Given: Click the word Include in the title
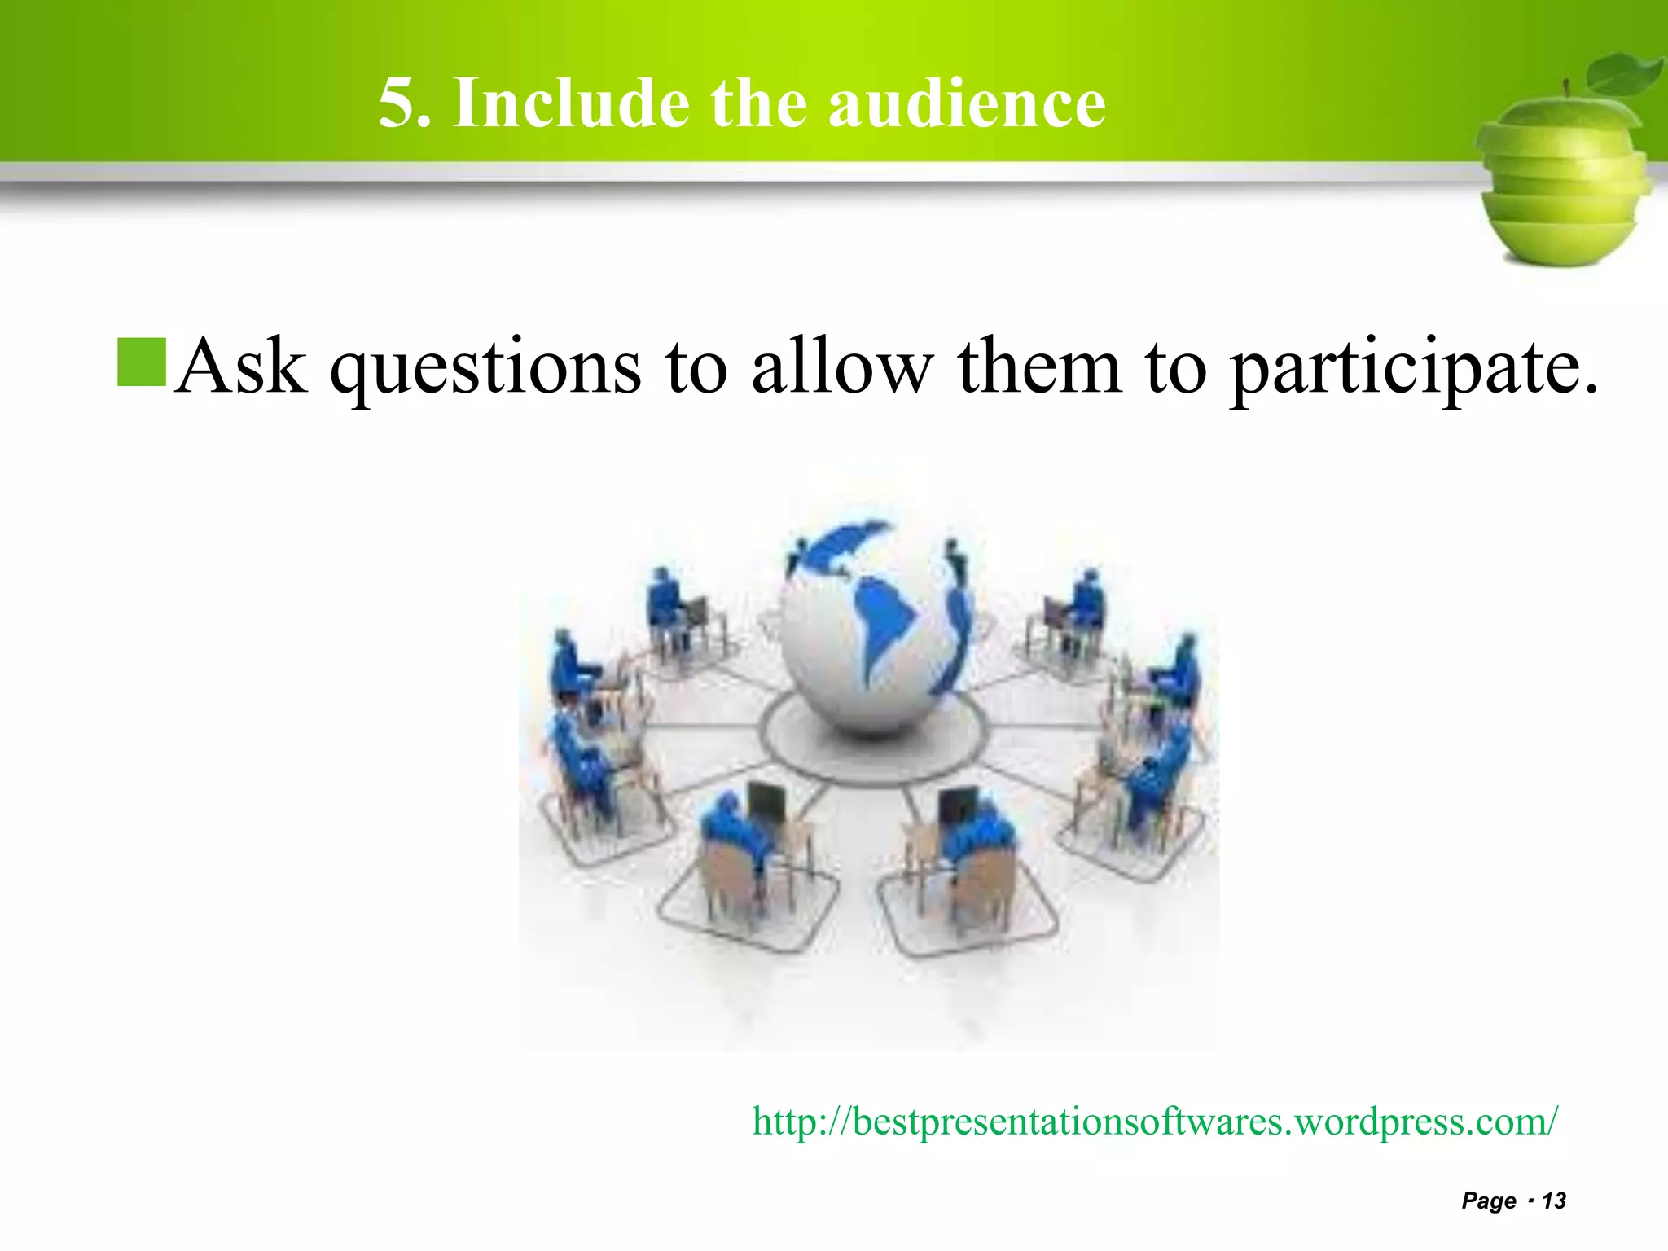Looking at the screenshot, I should click(571, 103).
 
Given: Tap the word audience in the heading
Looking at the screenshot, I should click(967, 103).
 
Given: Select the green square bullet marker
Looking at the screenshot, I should click(142, 362).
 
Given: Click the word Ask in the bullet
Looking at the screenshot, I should click(241, 366).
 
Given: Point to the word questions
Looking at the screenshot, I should click(485, 371).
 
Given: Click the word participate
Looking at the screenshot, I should click(1413, 371).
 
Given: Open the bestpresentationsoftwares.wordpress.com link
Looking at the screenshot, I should click(1154, 1122).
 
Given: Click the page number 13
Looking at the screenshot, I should click(1554, 1201).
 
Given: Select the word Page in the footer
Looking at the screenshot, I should click(1488, 1201).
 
